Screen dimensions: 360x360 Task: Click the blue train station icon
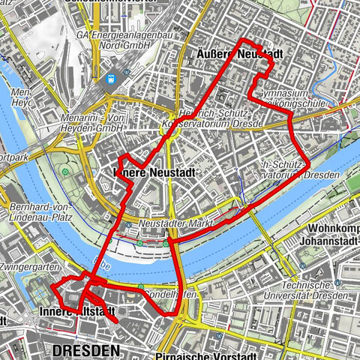coord(112,78)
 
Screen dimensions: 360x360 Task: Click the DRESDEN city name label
coord(86,350)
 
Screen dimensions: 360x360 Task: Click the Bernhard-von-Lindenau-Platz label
coord(41,211)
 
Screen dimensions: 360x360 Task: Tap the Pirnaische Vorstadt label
coord(214,352)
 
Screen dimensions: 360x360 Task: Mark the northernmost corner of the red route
coord(240,39)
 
